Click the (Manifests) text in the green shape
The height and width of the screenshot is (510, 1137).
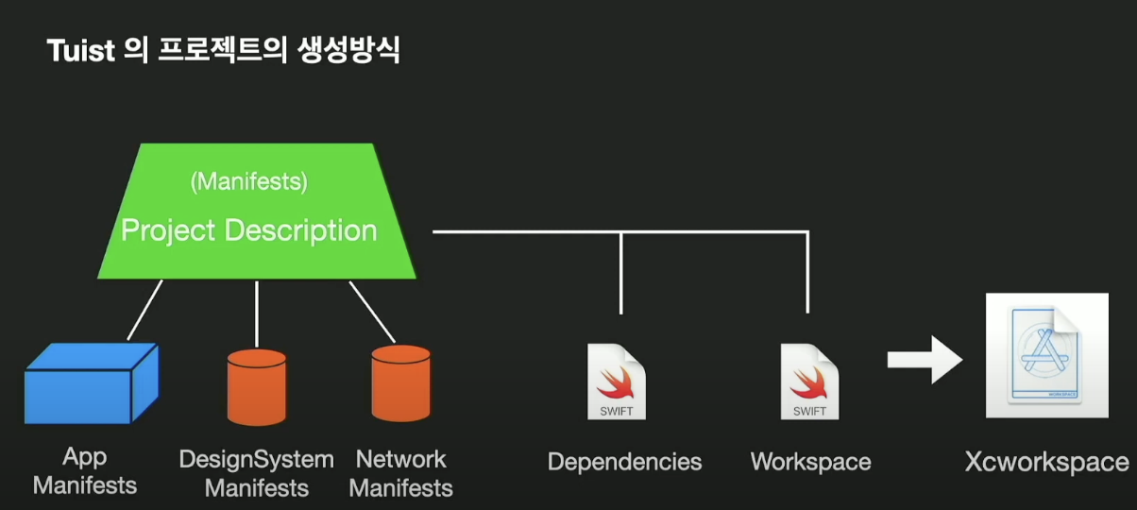[x=248, y=181]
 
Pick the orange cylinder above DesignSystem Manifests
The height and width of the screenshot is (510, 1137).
[x=257, y=388]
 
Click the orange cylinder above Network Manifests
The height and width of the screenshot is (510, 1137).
[x=400, y=383]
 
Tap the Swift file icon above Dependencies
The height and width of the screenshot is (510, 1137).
[x=616, y=382]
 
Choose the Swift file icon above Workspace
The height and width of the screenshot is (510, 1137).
[x=808, y=382]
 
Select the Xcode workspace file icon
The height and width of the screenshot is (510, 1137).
[x=1046, y=355]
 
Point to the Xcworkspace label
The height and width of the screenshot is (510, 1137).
[x=1046, y=463]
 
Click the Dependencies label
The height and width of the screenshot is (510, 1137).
[x=624, y=462]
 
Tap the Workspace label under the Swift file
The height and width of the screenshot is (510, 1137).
[x=810, y=462]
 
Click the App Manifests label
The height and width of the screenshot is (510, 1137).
[x=85, y=471]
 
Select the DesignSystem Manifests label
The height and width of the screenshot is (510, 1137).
[x=257, y=473]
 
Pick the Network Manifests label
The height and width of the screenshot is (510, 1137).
[x=401, y=473]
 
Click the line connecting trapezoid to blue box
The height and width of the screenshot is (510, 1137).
[x=144, y=310]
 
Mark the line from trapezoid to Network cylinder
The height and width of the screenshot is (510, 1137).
[x=372, y=311]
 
